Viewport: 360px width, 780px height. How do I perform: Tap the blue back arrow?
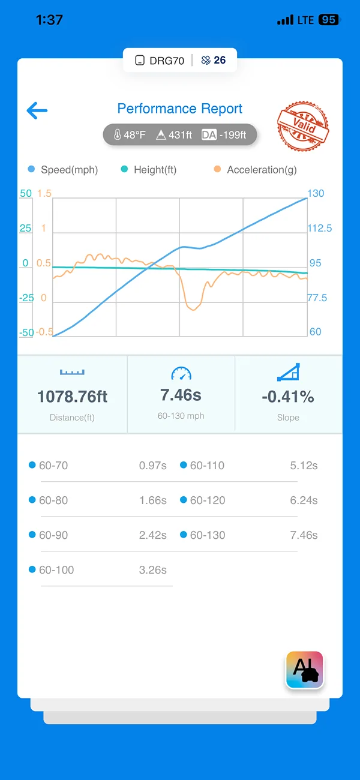[x=37, y=110]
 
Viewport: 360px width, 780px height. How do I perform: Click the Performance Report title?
[x=179, y=109]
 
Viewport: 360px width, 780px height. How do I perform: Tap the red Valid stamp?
[x=303, y=126]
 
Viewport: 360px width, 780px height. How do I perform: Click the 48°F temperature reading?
[x=130, y=135]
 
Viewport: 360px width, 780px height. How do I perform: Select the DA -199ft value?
[x=224, y=135]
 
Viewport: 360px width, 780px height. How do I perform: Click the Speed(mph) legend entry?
[x=63, y=170]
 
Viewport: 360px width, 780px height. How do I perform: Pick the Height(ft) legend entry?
[x=149, y=170]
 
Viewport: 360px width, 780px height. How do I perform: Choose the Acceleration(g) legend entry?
[x=256, y=170]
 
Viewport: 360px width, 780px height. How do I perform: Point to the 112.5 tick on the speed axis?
[x=320, y=228]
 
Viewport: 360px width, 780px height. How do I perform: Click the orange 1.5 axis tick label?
[x=44, y=193]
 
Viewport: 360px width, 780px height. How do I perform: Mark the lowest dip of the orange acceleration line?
[x=193, y=309]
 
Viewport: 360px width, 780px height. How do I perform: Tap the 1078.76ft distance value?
[x=73, y=397]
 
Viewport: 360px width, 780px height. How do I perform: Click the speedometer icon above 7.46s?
[x=181, y=373]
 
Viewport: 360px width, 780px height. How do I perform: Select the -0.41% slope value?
[x=288, y=397]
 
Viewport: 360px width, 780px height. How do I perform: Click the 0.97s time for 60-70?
[x=153, y=466]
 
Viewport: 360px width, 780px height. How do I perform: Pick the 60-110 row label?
[x=207, y=466]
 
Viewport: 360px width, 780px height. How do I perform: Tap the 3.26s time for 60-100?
[x=153, y=570]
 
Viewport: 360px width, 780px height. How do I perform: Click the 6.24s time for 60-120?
[x=304, y=500]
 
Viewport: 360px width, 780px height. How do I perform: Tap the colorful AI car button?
[x=305, y=670]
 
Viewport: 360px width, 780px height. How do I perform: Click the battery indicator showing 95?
[x=329, y=20]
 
